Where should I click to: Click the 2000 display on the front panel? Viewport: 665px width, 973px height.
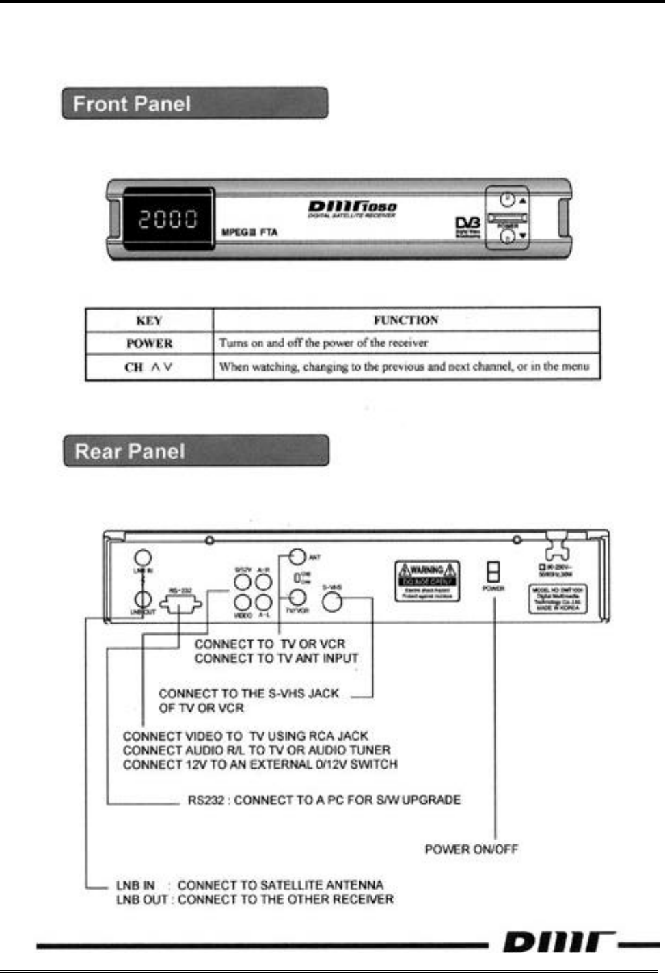click(x=168, y=219)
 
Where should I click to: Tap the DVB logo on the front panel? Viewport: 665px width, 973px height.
click(x=468, y=226)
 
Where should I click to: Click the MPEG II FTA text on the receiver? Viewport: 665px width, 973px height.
click(x=249, y=232)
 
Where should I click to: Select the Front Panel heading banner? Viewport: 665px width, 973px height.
click(x=195, y=104)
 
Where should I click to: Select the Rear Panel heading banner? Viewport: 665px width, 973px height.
click(x=196, y=451)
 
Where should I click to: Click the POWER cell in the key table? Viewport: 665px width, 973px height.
click(x=149, y=343)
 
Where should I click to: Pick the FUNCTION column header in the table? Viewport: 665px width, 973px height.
click(x=406, y=320)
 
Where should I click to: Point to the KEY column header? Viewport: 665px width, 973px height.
click(x=149, y=321)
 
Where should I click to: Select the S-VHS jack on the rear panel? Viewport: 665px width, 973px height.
click(x=332, y=602)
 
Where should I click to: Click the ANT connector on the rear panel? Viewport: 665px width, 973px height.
click(x=297, y=557)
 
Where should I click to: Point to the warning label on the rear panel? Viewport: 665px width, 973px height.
click(x=427, y=581)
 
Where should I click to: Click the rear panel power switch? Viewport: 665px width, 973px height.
click(x=493, y=572)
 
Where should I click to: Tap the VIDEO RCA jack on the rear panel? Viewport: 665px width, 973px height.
click(x=243, y=602)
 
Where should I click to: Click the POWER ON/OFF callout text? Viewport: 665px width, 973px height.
click(x=472, y=849)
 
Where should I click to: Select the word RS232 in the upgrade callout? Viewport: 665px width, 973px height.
click(x=206, y=800)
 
